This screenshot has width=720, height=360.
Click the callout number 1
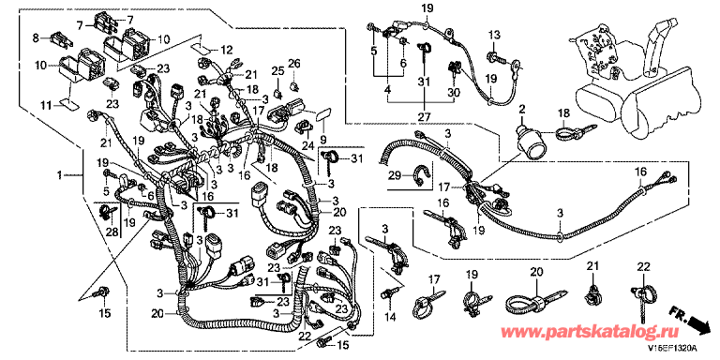click(x=59, y=174)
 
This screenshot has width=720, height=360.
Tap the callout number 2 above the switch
click(x=521, y=109)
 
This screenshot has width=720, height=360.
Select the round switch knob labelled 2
click(x=532, y=143)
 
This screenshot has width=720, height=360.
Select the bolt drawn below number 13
click(x=495, y=58)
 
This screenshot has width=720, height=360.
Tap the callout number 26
click(x=293, y=63)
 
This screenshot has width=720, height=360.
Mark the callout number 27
click(x=425, y=117)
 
